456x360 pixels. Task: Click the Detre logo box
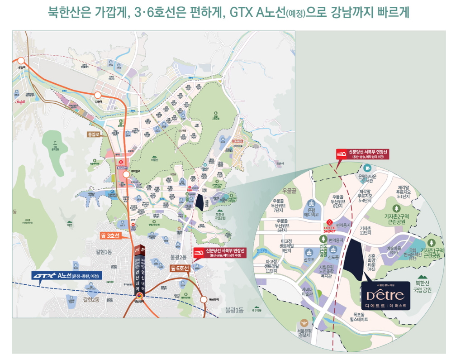[x=386, y=294]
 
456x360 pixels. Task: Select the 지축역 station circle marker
[x=98, y=95]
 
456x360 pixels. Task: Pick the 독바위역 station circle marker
[x=203, y=299]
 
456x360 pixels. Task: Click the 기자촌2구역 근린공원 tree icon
[x=396, y=208]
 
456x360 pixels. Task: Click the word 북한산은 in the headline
[x=69, y=12]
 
